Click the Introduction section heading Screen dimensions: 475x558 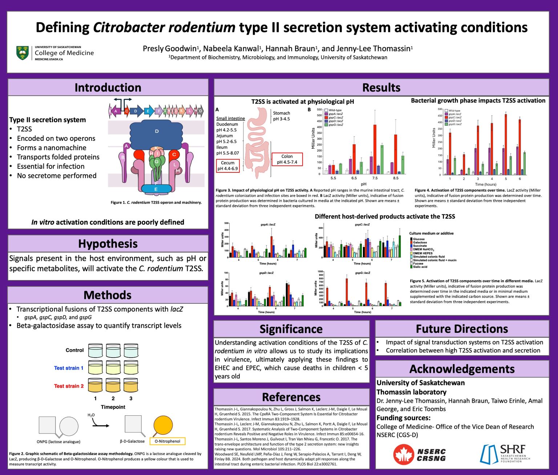(x=108, y=88)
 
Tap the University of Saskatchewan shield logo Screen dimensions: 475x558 (x=23, y=53)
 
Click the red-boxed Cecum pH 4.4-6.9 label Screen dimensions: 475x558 (x=228, y=166)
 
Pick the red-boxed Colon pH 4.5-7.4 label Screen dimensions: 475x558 (x=287, y=159)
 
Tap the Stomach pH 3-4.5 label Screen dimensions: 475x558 (x=282, y=116)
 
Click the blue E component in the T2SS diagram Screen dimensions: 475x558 (x=156, y=189)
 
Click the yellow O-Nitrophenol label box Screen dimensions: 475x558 (x=167, y=441)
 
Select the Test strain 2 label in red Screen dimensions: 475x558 (x=69, y=386)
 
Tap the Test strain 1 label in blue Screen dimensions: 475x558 (x=69, y=368)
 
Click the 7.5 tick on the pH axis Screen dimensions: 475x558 (x=375, y=178)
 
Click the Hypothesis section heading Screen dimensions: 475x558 (x=108, y=244)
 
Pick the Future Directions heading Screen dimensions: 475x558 (x=462, y=329)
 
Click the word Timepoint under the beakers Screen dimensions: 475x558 (x=113, y=407)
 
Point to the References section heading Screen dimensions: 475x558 (x=291, y=397)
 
